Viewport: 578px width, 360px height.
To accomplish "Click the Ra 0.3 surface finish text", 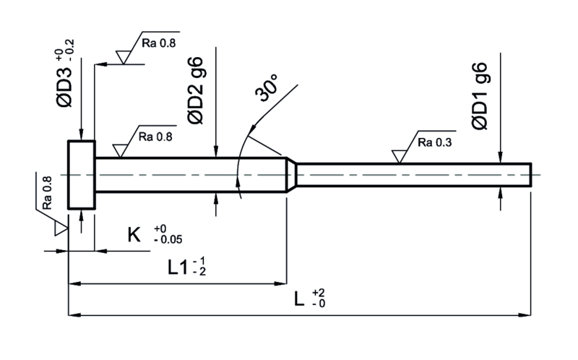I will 435,142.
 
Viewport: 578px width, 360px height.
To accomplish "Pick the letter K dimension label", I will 134,234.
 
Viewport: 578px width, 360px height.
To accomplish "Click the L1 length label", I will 178,268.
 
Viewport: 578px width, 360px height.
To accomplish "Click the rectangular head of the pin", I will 81,175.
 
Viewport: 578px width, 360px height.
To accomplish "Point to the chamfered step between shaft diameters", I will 290,174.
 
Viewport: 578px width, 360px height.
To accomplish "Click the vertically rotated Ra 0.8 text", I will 47,193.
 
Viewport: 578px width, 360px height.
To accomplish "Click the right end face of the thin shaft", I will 532,174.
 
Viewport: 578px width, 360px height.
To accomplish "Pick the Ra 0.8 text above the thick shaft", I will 154,136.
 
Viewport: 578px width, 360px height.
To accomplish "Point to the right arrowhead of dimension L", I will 527,315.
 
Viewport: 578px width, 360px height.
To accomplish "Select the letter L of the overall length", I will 299,299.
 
